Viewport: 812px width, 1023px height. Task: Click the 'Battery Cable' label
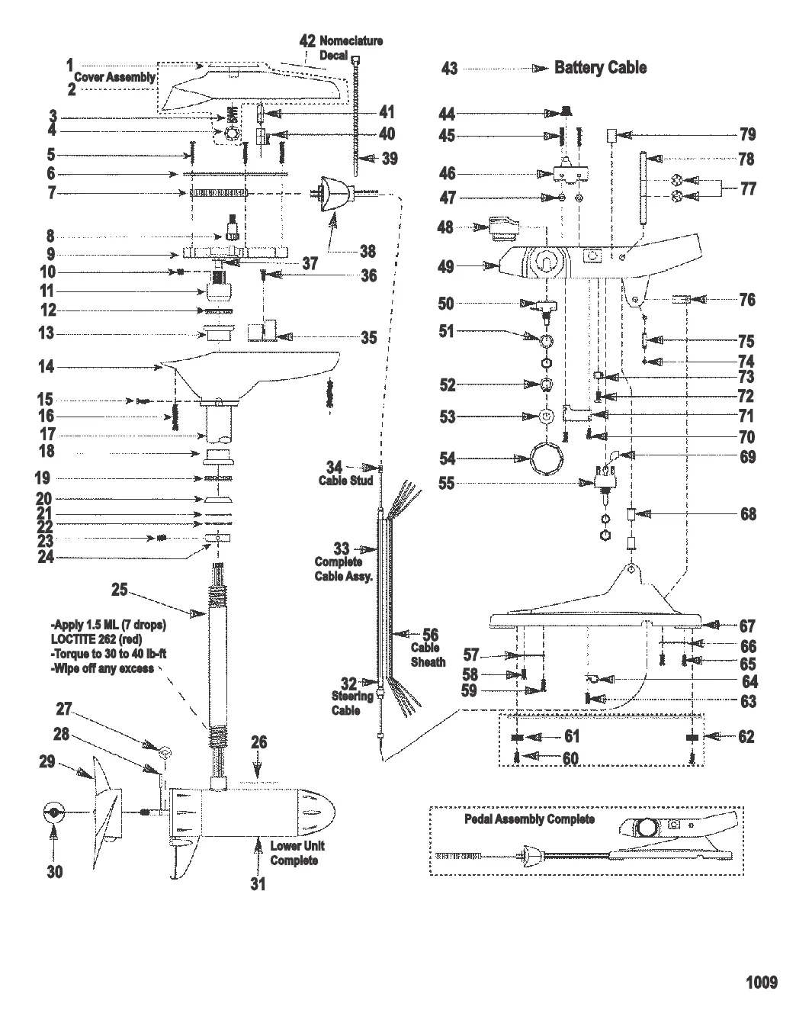600,68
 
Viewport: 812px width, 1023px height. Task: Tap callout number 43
450,69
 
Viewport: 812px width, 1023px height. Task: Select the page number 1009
761,982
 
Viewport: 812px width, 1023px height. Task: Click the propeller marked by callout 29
107,812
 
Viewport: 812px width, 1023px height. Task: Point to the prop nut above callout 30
53,813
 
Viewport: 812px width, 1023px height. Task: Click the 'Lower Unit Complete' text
297,853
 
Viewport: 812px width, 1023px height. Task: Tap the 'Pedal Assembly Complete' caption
529,819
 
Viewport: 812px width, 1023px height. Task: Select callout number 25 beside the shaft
119,589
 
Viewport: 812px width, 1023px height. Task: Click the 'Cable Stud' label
345,481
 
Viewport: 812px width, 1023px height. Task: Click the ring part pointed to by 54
547,458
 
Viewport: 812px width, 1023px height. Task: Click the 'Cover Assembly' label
114,77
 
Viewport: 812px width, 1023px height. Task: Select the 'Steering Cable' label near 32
351,703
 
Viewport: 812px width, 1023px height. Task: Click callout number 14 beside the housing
46,367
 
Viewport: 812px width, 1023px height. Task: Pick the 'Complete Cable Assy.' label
342,568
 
